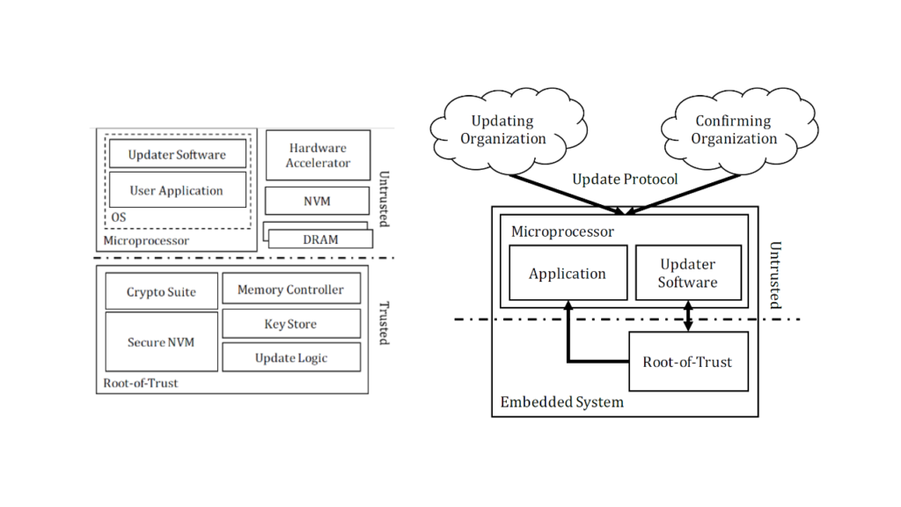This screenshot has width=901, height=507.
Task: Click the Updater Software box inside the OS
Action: click(177, 154)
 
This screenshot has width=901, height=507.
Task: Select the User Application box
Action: click(177, 190)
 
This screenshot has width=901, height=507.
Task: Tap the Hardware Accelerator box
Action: click(318, 155)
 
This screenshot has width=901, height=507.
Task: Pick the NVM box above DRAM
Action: click(318, 201)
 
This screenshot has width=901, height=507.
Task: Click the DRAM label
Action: click(320, 239)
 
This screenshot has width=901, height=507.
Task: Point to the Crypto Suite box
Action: click(161, 292)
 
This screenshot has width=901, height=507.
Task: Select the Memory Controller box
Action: click(290, 290)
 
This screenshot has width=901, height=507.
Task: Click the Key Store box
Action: click(290, 324)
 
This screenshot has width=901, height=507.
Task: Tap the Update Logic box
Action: click(290, 357)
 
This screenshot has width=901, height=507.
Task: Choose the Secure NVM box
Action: click(161, 342)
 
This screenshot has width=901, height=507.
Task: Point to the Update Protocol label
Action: click(625, 180)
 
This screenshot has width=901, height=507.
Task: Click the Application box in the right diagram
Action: click(568, 274)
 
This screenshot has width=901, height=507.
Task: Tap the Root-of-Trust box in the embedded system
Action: click(687, 362)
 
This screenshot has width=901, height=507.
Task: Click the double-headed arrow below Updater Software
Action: click(688, 316)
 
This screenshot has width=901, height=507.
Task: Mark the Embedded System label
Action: click(561, 402)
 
